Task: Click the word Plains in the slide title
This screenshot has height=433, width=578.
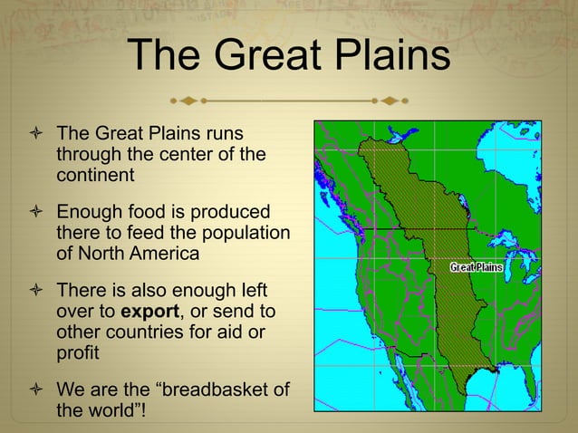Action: [x=394, y=55]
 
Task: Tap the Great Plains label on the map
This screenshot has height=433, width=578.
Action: [x=477, y=267]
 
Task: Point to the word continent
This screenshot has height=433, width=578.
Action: [x=95, y=174]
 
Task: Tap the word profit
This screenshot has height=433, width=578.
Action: [x=78, y=351]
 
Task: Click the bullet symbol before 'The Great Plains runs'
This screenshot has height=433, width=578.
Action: [x=35, y=134]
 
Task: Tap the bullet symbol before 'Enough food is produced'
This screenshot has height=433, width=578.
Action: [x=35, y=213]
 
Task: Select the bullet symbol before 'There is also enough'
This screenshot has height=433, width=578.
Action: [x=35, y=292]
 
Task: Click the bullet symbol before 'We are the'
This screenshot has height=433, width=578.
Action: [x=35, y=390]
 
